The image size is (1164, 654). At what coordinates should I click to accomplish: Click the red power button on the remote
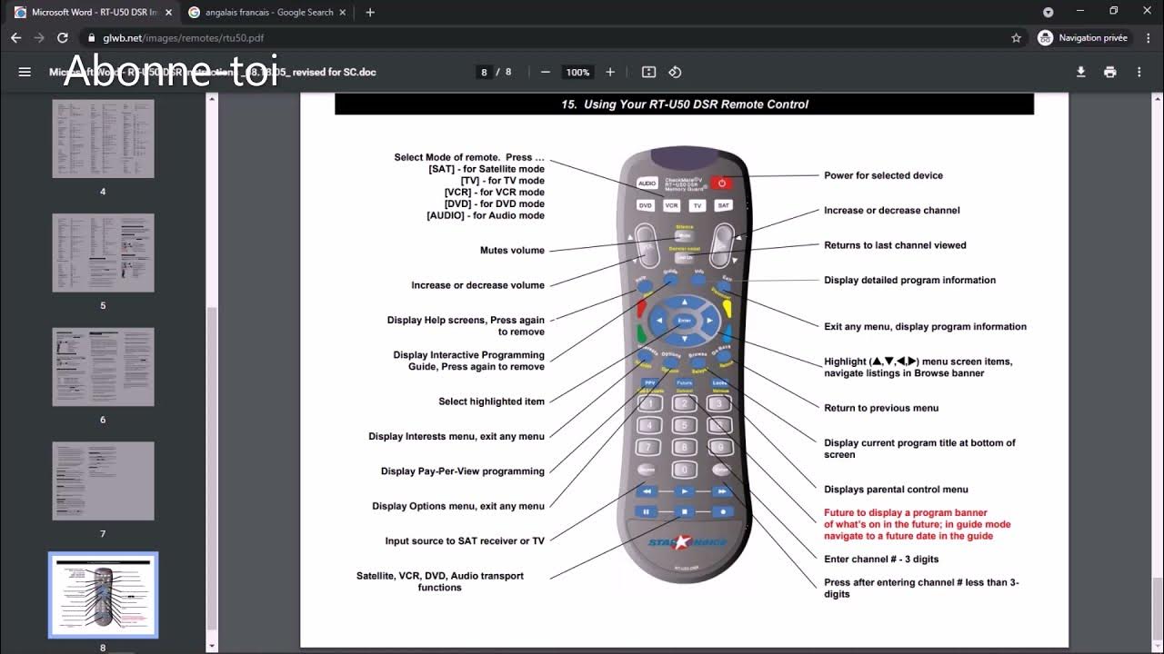click(x=721, y=183)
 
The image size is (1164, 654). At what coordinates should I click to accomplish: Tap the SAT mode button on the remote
click(x=723, y=205)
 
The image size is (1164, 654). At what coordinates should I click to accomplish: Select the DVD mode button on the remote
click(x=646, y=205)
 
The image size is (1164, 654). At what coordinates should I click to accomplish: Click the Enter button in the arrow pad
click(x=684, y=321)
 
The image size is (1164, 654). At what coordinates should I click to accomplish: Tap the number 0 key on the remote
click(x=684, y=470)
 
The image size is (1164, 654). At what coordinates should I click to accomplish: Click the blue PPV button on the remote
click(x=649, y=383)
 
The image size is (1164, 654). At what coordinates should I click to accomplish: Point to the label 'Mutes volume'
click(x=512, y=251)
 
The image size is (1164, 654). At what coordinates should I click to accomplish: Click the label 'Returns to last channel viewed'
click(x=895, y=245)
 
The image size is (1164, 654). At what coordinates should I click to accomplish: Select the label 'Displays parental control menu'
click(x=896, y=490)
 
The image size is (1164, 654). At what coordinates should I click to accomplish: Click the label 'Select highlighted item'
click(x=491, y=401)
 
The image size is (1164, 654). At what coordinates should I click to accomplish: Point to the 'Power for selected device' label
click(x=883, y=175)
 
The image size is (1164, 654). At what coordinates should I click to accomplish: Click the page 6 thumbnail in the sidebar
click(x=103, y=367)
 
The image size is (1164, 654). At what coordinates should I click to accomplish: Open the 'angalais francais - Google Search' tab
click(x=268, y=13)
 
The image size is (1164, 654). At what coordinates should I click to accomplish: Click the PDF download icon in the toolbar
click(x=1080, y=72)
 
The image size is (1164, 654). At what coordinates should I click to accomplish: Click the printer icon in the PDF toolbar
click(x=1109, y=72)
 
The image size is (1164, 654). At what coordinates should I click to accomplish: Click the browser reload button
click(x=62, y=38)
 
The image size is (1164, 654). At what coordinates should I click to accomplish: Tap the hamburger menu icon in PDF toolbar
click(x=25, y=72)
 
